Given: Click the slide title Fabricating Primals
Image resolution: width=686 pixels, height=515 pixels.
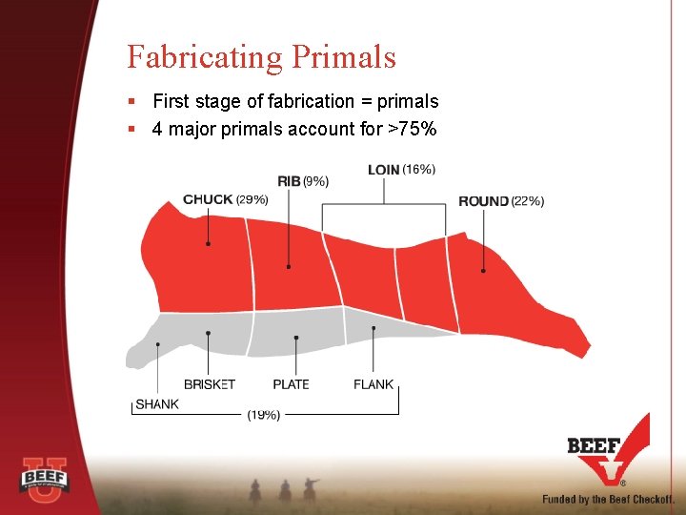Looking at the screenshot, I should coord(261,57).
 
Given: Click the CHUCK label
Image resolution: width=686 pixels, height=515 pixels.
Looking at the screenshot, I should coord(208,199).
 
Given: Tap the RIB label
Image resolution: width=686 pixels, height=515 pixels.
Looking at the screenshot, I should coord(289,181).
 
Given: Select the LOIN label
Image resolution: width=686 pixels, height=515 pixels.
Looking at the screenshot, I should coord(383,170).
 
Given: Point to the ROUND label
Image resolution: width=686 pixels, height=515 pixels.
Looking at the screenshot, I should coord(483,201).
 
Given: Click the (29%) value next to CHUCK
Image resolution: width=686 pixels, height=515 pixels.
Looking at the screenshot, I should coord(252,199).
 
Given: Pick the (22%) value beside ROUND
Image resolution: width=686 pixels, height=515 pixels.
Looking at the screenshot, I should coord(528,201).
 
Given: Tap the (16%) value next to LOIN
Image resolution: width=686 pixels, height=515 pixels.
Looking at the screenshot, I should coord(419,170).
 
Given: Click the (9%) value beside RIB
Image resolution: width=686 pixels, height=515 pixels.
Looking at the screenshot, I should coord(315,181).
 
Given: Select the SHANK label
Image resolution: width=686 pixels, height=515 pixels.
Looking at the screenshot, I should coord(157,404).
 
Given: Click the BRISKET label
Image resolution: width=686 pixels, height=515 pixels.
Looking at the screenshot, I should coord(210,384).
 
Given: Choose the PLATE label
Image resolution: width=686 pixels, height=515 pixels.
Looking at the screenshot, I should coord(292,384).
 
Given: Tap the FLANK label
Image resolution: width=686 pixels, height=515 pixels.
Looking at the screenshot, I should coord(373,384).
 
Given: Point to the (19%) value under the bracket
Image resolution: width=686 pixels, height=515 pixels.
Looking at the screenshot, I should coord(263,416).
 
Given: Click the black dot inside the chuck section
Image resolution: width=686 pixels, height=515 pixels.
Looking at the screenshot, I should coord(209,244).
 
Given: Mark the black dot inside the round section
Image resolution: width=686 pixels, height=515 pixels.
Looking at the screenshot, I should coord(483,271).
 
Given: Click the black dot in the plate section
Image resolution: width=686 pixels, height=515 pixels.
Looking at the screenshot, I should coord(296,338).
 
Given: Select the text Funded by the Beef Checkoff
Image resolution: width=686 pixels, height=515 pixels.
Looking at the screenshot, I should coord(608,499).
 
